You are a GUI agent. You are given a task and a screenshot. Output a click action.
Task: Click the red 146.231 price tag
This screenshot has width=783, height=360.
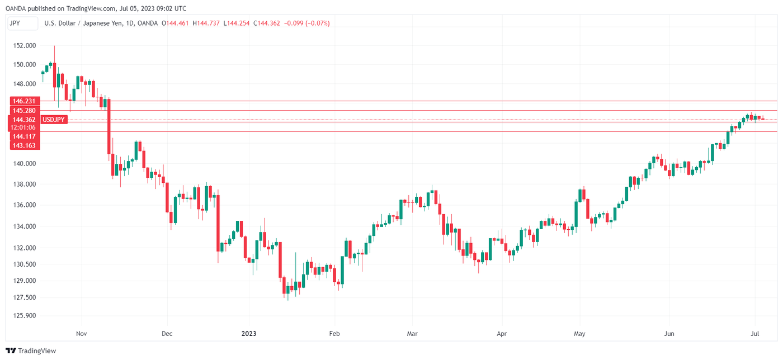tap(24, 101)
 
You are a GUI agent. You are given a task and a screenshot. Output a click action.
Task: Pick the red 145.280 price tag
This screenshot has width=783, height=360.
tap(24, 111)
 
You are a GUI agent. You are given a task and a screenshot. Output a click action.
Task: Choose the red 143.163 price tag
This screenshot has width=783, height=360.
tap(24, 145)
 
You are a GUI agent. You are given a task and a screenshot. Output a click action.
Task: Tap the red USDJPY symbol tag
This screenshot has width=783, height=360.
tap(55, 120)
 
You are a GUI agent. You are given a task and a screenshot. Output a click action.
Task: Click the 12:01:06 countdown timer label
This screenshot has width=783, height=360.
tap(24, 127)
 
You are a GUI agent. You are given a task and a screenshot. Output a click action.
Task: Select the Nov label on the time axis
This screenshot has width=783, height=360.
tap(81, 334)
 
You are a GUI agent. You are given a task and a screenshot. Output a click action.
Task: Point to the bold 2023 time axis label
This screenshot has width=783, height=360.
tap(249, 334)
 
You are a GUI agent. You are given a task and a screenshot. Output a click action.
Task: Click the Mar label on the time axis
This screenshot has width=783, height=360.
tap(412, 334)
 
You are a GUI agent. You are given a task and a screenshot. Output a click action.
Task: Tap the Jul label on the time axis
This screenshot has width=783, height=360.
tap(755, 334)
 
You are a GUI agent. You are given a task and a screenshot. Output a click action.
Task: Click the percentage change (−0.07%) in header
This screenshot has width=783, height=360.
tap(317, 23)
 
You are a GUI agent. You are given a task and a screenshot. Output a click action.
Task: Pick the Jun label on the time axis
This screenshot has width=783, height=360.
tap(669, 334)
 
